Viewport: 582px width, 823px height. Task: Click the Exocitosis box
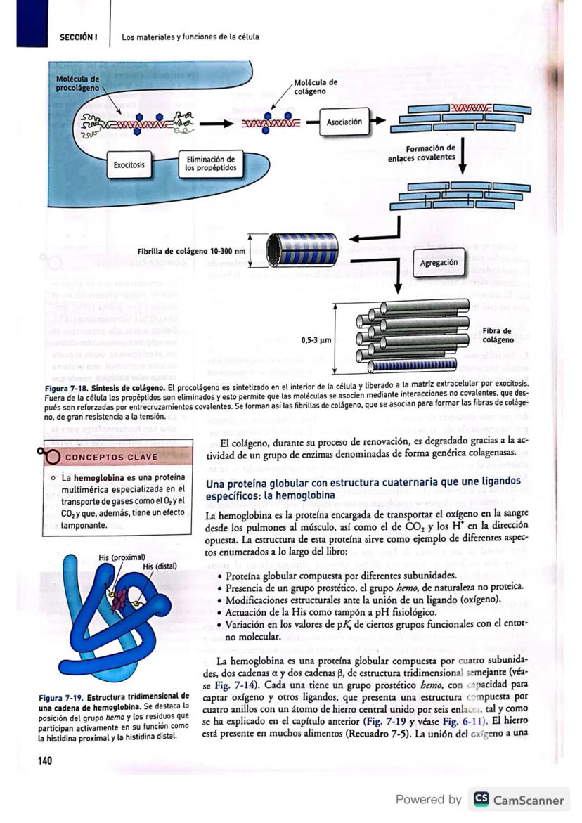click(x=129, y=164)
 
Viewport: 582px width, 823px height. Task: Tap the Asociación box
click(x=344, y=122)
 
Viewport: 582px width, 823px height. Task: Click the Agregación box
click(x=439, y=262)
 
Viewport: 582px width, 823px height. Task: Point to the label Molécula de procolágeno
click(x=77, y=83)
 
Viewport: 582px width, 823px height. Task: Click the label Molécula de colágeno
click(x=316, y=86)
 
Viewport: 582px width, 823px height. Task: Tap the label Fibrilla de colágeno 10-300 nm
click(x=192, y=251)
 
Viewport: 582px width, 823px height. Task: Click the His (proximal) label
click(x=122, y=557)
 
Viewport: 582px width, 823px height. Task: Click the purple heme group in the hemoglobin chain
click(x=124, y=600)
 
